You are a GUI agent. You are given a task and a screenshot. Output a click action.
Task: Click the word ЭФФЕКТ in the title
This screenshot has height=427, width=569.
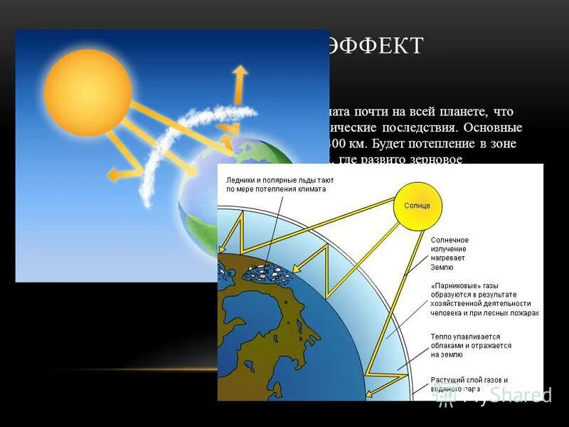[x=375, y=46]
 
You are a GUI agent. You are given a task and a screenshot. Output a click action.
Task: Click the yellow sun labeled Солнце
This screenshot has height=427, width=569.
[x=418, y=205]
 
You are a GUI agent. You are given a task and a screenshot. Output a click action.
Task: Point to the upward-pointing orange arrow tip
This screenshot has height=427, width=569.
[x=240, y=71]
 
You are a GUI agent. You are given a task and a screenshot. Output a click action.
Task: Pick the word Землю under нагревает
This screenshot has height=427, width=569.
[x=442, y=268]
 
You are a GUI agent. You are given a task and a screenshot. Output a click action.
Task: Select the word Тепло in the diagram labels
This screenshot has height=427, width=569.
[x=443, y=336]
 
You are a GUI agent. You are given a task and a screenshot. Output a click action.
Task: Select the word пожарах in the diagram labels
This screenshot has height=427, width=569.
[x=524, y=312]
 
